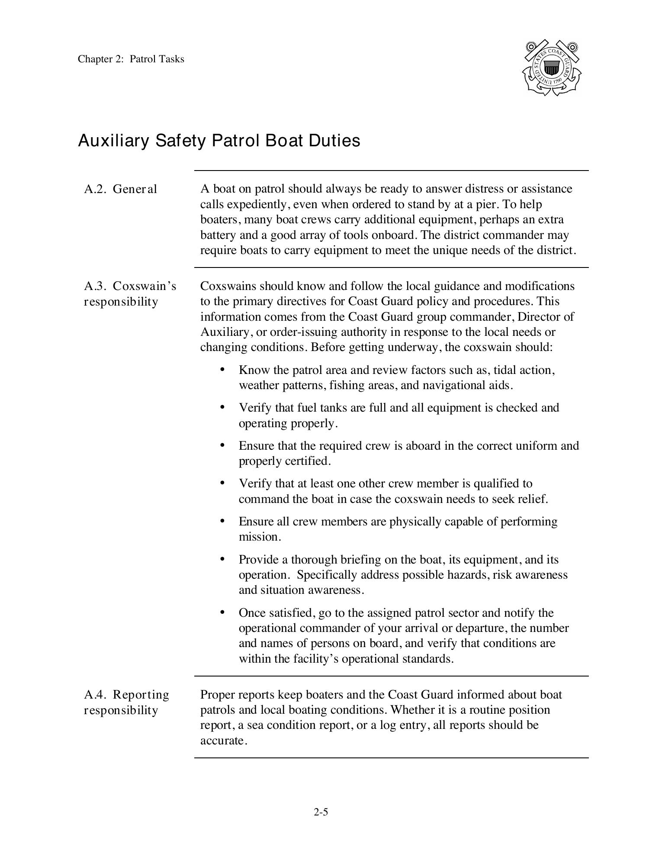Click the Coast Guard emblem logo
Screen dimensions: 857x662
point(551,68)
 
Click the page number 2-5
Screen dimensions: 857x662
point(321,812)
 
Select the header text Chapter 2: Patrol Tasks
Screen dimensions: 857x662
point(131,59)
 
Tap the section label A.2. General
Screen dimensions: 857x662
point(120,189)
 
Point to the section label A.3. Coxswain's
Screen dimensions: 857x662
point(130,286)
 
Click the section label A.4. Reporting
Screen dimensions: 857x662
point(126,695)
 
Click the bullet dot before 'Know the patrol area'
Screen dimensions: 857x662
point(222,369)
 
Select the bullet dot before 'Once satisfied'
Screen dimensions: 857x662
point(222,612)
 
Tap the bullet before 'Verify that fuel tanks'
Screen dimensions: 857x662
point(222,407)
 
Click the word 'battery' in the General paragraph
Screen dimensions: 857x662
point(217,235)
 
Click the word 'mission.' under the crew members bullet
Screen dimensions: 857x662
point(260,537)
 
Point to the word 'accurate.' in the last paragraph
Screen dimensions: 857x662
point(223,741)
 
